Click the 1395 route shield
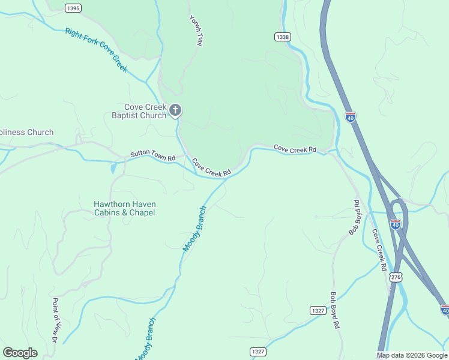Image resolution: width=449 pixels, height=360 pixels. pyautogui.click(x=73, y=8)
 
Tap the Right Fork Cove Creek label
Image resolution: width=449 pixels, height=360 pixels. pyautogui.click(x=97, y=50)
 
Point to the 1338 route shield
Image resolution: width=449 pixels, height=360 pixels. pyautogui.click(x=283, y=37)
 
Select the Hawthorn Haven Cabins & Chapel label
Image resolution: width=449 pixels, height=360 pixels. pyautogui.click(x=124, y=208)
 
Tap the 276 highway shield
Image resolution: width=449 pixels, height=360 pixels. pyautogui.click(x=395, y=277)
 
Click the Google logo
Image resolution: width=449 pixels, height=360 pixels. pyautogui.click(x=20, y=353)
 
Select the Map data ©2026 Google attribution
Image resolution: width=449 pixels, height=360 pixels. pyautogui.click(x=412, y=355)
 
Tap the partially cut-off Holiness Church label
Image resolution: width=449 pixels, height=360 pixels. pyautogui.click(x=26, y=132)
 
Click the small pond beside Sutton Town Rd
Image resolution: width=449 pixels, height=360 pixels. pyautogui.click(x=113, y=169)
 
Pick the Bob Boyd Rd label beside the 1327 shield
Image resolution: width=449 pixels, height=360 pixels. pyautogui.click(x=335, y=310)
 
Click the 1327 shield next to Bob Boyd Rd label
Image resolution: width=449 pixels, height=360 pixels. pyautogui.click(x=318, y=310)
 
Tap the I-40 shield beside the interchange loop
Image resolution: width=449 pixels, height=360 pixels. pyautogui.click(x=395, y=224)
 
